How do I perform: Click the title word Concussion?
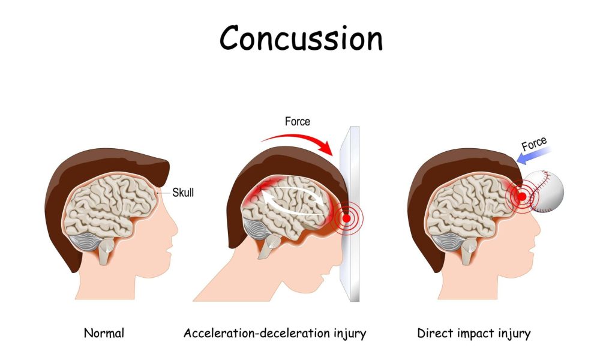tap(301, 38)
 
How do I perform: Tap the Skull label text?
tap(183, 193)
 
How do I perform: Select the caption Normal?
tap(104, 333)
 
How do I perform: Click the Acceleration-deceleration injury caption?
tap(275, 333)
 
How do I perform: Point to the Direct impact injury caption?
tap(474, 333)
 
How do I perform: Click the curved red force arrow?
tap(302, 139)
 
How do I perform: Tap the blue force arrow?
tap(533, 155)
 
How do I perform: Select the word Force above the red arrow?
tap(298, 122)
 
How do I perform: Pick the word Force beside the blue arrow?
tap(534, 143)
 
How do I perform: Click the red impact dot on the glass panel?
tap(346, 218)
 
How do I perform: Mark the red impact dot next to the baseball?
tap(522, 197)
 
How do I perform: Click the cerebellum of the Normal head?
tap(85, 242)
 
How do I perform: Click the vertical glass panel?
tap(350, 214)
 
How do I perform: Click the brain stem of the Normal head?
tap(106, 251)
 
